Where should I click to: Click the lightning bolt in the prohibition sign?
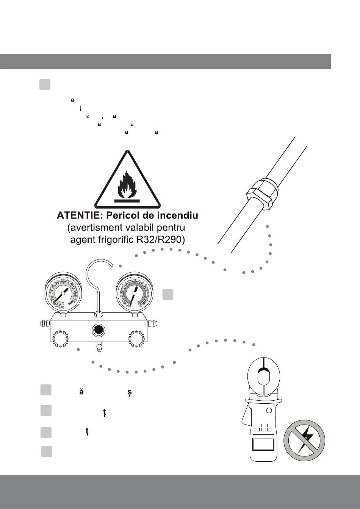(x=307, y=439)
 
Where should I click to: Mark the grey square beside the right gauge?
(x=168, y=295)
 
